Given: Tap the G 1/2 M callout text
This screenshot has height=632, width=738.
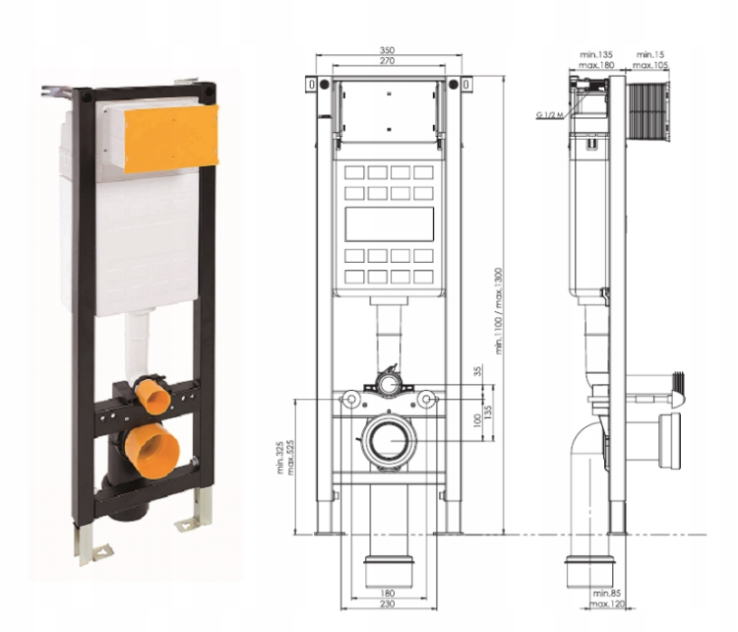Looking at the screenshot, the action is [x=549, y=115].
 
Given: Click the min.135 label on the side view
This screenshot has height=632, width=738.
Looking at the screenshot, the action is [x=593, y=52].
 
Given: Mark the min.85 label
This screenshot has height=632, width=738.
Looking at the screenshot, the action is [x=607, y=594].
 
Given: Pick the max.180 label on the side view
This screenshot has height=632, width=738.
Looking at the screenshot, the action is [x=593, y=65].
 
